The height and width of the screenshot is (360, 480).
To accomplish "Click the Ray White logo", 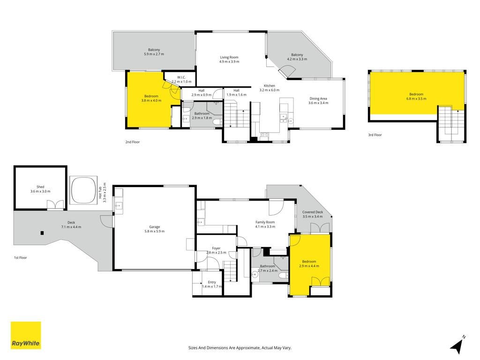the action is tap(26, 335).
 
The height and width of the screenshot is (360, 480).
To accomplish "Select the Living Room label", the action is tap(229, 57).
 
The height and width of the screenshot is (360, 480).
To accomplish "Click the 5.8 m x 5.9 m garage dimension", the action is tap(155, 231).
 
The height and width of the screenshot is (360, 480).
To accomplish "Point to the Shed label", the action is tap(40, 187).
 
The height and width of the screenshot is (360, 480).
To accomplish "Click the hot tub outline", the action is tap(83, 190).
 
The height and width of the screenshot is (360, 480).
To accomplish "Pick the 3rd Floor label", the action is tap(375, 135).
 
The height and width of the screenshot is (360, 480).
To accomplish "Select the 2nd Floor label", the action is tap(132, 142).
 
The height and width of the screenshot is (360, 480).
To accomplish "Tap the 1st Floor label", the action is tap(21, 258).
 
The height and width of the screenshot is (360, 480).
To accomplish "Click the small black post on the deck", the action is tap(42, 233).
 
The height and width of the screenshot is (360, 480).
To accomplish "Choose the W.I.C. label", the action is tap(181, 77).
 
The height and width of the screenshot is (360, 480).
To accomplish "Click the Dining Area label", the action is tap(318, 98).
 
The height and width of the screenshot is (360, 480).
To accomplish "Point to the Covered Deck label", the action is tap(313, 212).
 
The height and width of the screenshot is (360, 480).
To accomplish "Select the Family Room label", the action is tap(265, 222).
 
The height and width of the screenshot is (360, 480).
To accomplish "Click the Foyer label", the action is tap(216, 248).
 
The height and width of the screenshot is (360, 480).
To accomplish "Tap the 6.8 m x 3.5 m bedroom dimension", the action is tap(416, 98).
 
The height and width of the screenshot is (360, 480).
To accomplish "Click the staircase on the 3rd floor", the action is tap(451, 124).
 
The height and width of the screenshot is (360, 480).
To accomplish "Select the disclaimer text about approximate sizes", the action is tap(240, 348).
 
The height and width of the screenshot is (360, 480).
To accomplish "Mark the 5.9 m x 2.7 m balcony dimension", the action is tap(154, 54).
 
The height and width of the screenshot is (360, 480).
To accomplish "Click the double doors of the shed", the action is tap(55, 205).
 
